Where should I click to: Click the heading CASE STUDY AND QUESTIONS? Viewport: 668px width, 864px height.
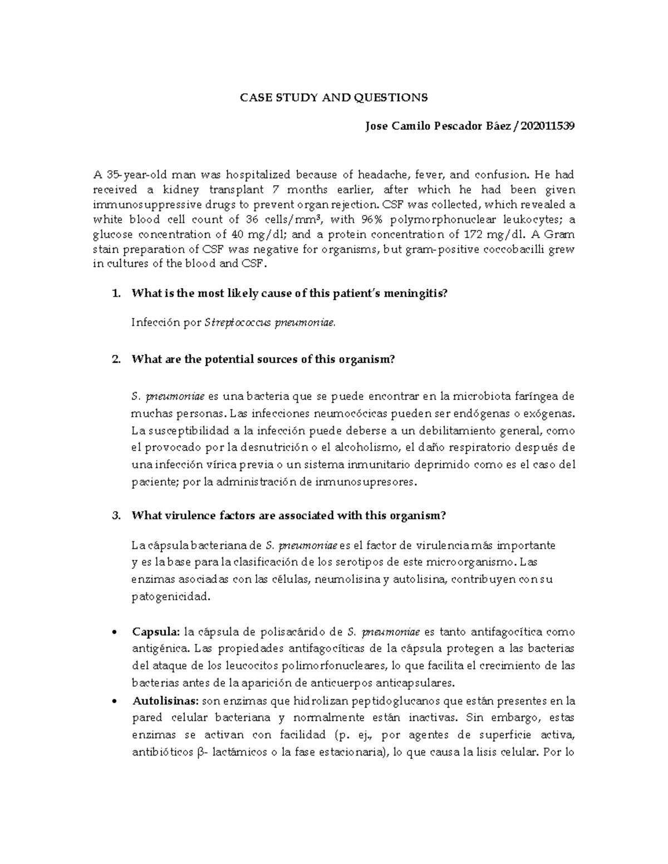(x=333, y=98)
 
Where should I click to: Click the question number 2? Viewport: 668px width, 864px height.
(x=115, y=359)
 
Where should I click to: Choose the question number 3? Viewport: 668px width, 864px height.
(x=115, y=516)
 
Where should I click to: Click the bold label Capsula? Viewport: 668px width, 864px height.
(x=156, y=632)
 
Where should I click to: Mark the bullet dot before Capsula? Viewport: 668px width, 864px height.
(x=114, y=633)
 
